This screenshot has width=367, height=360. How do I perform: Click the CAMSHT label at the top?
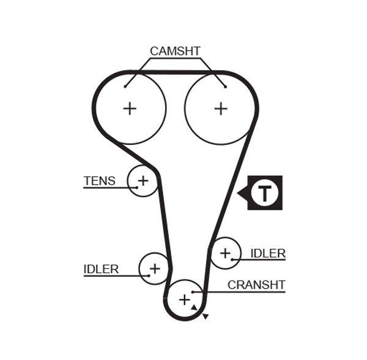click(175, 51)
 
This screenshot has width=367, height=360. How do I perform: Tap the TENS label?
click(99, 180)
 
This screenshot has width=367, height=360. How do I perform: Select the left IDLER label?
click(101, 269)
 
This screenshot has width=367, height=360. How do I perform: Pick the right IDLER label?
click(268, 253)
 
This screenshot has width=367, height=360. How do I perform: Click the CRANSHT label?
click(256, 284)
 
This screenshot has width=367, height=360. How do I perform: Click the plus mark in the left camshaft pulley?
click(130, 109)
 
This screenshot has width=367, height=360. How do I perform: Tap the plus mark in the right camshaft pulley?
click(220, 109)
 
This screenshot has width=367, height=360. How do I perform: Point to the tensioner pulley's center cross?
click(143, 180)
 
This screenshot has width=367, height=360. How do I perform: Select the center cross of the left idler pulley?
click(155, 268)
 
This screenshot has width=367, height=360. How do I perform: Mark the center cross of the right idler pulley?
click(226, 252)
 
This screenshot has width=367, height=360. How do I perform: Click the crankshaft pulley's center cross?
click(184, 299)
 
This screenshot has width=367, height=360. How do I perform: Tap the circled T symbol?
click(264, 193)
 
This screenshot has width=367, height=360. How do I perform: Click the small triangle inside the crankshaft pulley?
click(193, 306)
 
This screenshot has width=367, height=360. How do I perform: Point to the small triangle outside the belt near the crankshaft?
click(206, 316)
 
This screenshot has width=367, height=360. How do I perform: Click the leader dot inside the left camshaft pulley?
click(126, 86)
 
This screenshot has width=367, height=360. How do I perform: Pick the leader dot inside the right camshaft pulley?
click(225, 86)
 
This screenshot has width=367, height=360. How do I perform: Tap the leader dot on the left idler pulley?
click(148, 275)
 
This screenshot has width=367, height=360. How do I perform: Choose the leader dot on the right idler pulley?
click(232, 260)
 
